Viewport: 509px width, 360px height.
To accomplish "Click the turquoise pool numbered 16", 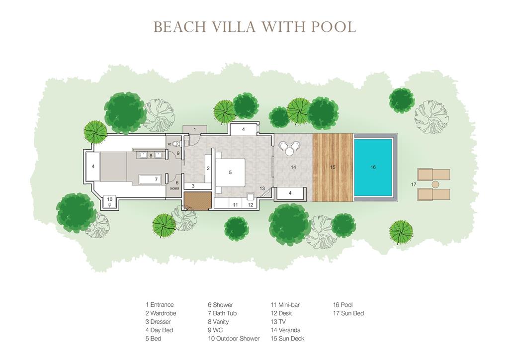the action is tap(373, 167).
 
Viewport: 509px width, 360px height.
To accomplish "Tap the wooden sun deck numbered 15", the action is tap(333, 167).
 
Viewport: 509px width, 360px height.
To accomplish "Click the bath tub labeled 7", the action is tap(150, 179).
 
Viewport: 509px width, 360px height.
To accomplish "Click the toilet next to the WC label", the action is tap(176, 144).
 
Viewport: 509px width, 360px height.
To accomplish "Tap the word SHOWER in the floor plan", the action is tap(174, 188).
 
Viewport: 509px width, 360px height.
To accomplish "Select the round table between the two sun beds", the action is tap(435, 184).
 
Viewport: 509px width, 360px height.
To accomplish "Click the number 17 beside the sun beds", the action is tap(413, 184).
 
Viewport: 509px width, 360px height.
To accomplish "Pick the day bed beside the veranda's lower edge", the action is tap(290, 193).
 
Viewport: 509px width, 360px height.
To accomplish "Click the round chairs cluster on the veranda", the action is tap(290, 148).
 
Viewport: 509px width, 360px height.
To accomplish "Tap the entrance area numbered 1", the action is tap(195, 129).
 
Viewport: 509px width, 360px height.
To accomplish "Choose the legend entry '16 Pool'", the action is tap(343, 305).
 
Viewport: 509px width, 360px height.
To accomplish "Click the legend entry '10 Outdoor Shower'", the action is tap(234, 339).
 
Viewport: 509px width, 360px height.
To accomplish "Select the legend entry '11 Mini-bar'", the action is tap(285, 305).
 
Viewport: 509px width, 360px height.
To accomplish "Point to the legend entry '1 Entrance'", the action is tap(160, 305).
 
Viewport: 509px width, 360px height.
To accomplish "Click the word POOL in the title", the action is tap(334, 27).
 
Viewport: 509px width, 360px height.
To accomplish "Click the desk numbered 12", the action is tap(251, 201).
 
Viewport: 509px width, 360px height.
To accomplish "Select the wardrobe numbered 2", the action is tap(208, 168).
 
